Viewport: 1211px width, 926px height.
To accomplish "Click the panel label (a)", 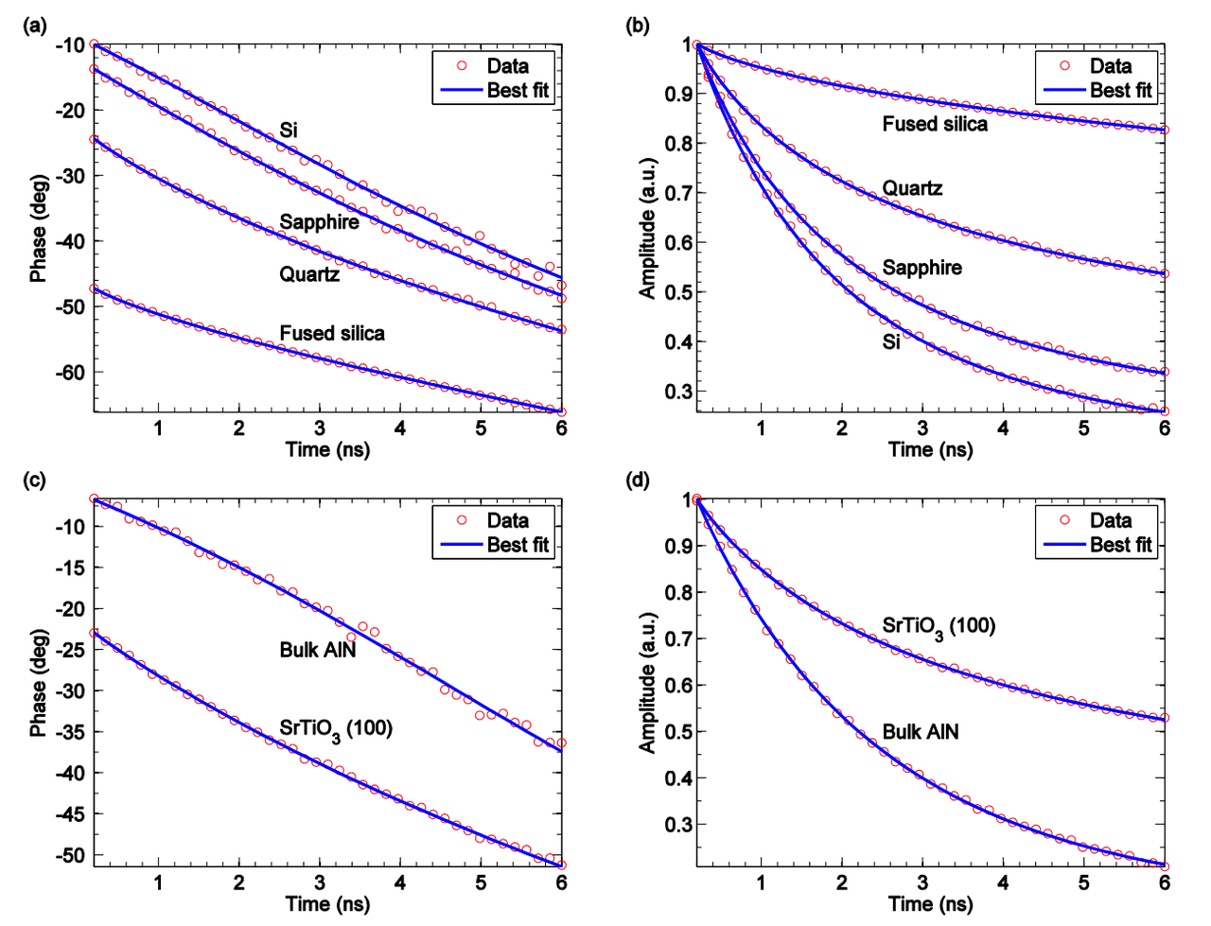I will point(34,26).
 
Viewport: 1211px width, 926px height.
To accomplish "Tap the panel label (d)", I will point(638,480).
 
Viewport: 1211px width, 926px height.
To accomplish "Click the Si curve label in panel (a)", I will point(289,131).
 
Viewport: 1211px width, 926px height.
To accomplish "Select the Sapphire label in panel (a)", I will point(319,222).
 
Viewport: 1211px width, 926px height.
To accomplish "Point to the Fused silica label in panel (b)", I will point(935,124).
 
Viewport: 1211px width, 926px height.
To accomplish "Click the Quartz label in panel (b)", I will point(912,188).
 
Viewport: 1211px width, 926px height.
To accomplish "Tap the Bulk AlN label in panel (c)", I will point(318,650).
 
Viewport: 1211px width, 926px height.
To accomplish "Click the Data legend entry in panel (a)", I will point(507,66).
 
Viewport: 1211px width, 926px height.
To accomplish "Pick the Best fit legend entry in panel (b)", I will point(1120,91).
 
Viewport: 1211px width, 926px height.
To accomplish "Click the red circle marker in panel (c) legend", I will point(462,520).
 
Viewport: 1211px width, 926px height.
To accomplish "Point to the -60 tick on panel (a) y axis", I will point(70,373).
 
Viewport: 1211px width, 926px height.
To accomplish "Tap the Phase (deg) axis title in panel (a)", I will point(38,228).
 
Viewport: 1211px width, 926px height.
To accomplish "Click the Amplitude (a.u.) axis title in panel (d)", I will point(647,681).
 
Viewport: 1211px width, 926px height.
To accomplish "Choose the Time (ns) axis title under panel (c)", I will point(327,904).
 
